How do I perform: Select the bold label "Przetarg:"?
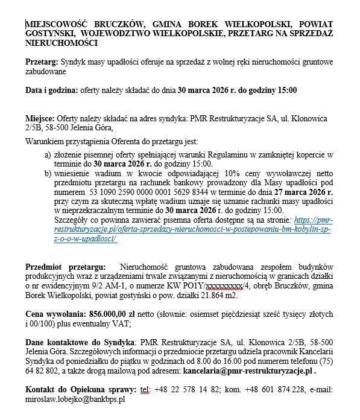(x=43, y=63)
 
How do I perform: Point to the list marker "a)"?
(x=47, y=154)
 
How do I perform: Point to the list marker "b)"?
(x=47, y=173)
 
